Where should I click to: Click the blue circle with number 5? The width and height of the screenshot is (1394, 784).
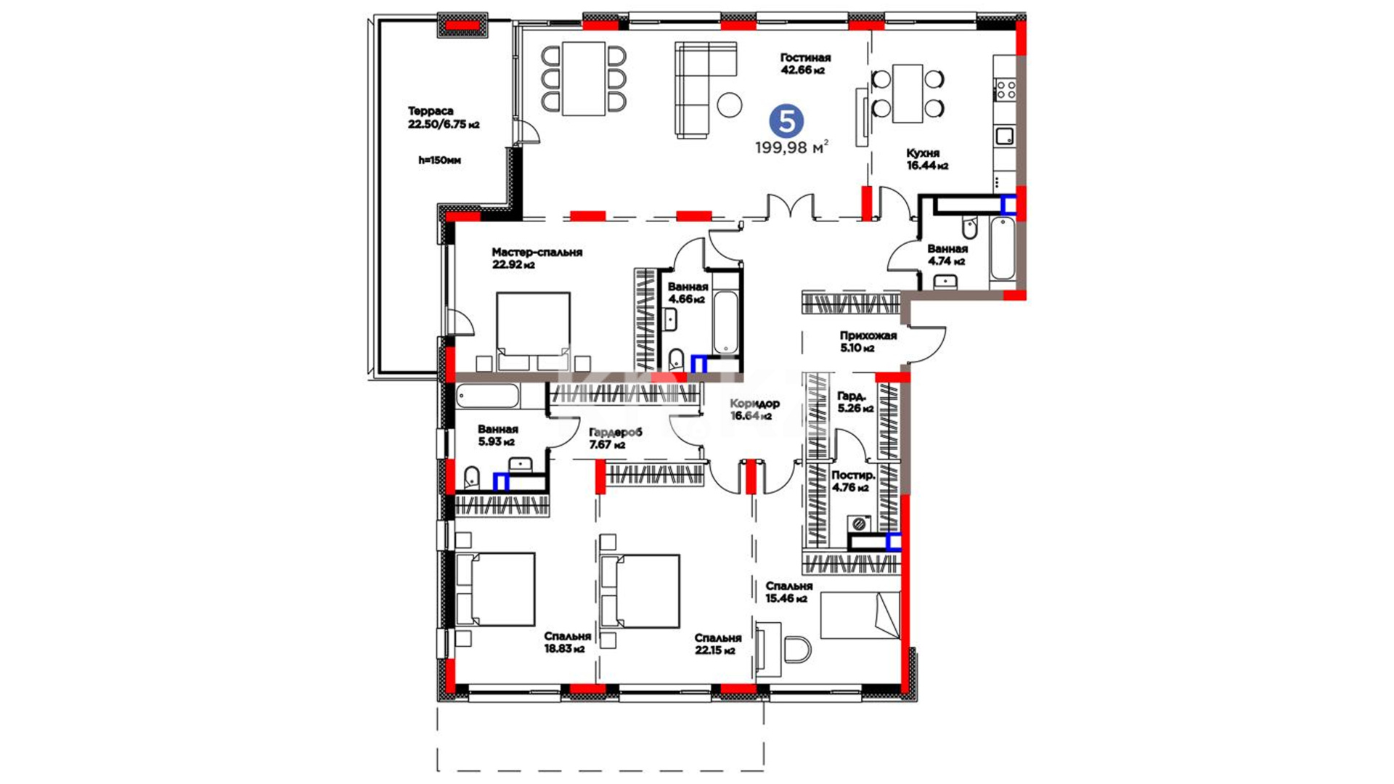click(x=786, y=121)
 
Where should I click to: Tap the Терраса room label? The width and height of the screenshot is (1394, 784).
click(x=431, y=111)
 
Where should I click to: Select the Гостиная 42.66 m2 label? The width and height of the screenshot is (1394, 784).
click(x=805, y=64)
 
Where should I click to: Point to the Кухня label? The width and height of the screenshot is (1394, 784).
click(x=923, y=153)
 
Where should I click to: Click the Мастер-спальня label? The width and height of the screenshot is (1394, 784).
click(x=537, y=253)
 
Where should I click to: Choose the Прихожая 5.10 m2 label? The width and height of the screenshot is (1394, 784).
click(x=868, y=342)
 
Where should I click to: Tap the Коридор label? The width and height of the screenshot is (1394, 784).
click(x=755, y=404)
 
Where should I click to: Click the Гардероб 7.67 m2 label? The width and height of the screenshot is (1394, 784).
click(x=615, y=438)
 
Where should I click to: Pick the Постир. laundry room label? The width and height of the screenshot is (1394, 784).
click(x=853, y=475)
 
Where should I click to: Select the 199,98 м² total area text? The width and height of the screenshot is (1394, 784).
click(x=791, y=147)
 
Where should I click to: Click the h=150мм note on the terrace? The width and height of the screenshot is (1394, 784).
click(x=439, y=160)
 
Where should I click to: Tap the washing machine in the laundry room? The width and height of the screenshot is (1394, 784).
click(x=860, y=523)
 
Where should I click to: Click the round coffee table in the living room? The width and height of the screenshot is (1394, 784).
click(x=730, y=105)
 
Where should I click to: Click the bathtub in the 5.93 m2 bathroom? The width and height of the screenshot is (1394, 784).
click(x=487, y=396)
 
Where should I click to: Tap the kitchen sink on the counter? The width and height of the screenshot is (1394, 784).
click(x=1004, y=136)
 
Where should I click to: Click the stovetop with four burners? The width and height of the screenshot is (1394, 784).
click(x=1005, y=90)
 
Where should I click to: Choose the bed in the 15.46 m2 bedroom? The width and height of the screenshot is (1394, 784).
click(x=860, y=616)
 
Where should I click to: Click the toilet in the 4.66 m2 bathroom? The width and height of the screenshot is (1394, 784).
click(x=676, y=358)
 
